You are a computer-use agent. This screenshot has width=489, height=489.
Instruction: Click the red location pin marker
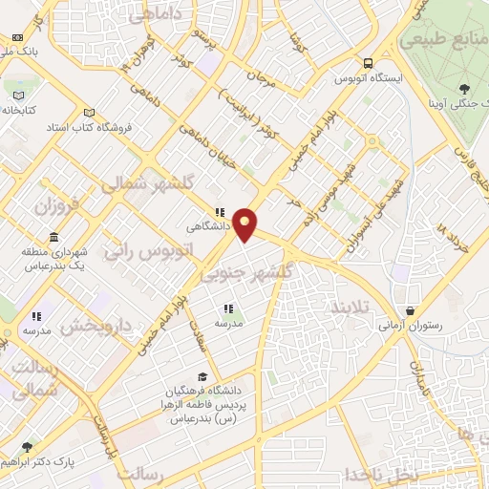pos(246,224)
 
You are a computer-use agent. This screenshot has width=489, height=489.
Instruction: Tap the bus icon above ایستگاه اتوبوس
pos(367,63)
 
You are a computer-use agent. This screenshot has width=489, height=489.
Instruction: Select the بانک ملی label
pos(21,53)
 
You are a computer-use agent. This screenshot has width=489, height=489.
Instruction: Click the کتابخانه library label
pos(18,110)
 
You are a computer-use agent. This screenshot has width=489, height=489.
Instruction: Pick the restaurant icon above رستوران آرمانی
pos(410,310)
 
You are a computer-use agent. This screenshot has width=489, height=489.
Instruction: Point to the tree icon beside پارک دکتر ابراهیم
pos(27,447)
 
